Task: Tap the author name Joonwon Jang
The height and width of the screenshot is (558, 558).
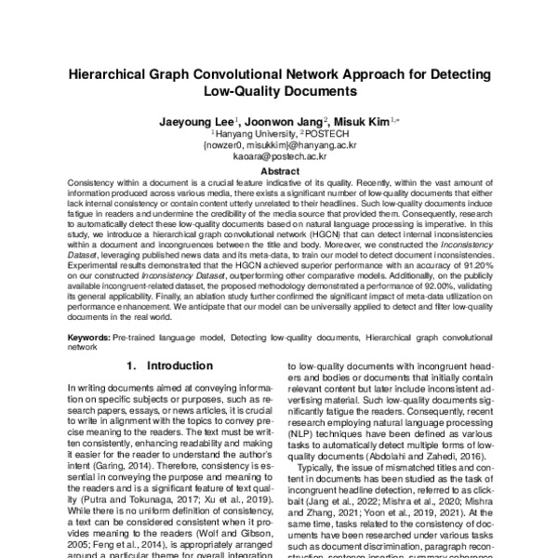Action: coord(285,122)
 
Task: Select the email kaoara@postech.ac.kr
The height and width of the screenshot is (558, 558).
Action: coord(280,157)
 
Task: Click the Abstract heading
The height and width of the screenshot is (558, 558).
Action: coord(279,171)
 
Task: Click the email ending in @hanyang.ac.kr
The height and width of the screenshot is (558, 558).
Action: coord(280,146)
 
